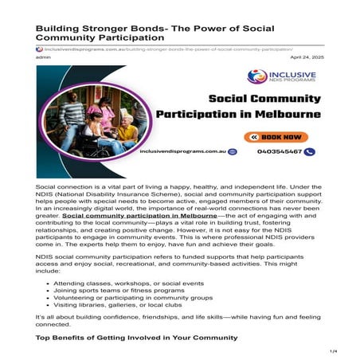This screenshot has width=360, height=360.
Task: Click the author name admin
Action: (x=44, y=57)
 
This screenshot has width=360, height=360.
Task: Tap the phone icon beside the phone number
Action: (x=310, y=151)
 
